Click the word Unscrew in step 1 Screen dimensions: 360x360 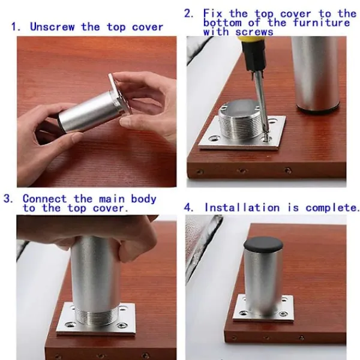point(52,27)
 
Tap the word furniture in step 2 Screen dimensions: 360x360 point(321,23)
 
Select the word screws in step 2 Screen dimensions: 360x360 point(254,32)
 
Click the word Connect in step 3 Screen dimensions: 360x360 point(44,199)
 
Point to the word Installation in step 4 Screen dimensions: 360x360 point(242,208)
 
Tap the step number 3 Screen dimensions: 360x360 point(8,199)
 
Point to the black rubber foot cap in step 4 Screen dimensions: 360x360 point(263,245)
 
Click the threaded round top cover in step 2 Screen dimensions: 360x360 point(241,120)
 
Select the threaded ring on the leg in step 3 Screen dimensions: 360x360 point(96,316)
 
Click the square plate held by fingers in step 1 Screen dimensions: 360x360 point(120,92)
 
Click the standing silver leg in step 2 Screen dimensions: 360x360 point(316,73)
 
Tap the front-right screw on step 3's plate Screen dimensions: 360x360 point(122,325)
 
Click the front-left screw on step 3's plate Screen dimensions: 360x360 point(70,325)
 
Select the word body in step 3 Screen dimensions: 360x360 point(143,199)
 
